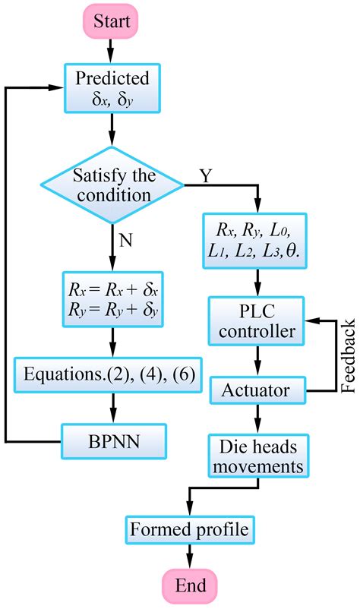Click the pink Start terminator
coord(111,21)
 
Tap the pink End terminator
coord(190,585)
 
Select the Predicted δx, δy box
coord(112,88)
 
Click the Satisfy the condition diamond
coord(112,185)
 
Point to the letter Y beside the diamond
coord(206,176)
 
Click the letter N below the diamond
coord(125,241)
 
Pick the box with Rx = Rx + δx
coord(113,299)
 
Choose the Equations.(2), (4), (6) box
coord(109,374)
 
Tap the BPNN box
coord(114,441)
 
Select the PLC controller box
coord(256,321)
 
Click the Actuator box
coord(257,390)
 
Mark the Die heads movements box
coord(258,456)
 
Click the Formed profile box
coord(190,530)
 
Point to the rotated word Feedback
coord(348,356)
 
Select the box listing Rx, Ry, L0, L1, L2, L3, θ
coord(254,241)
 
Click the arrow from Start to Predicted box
coord(111,51)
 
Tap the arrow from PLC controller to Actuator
coord(257,361)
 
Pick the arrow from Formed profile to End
coord(190,557)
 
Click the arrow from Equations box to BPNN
coord(113,408)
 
